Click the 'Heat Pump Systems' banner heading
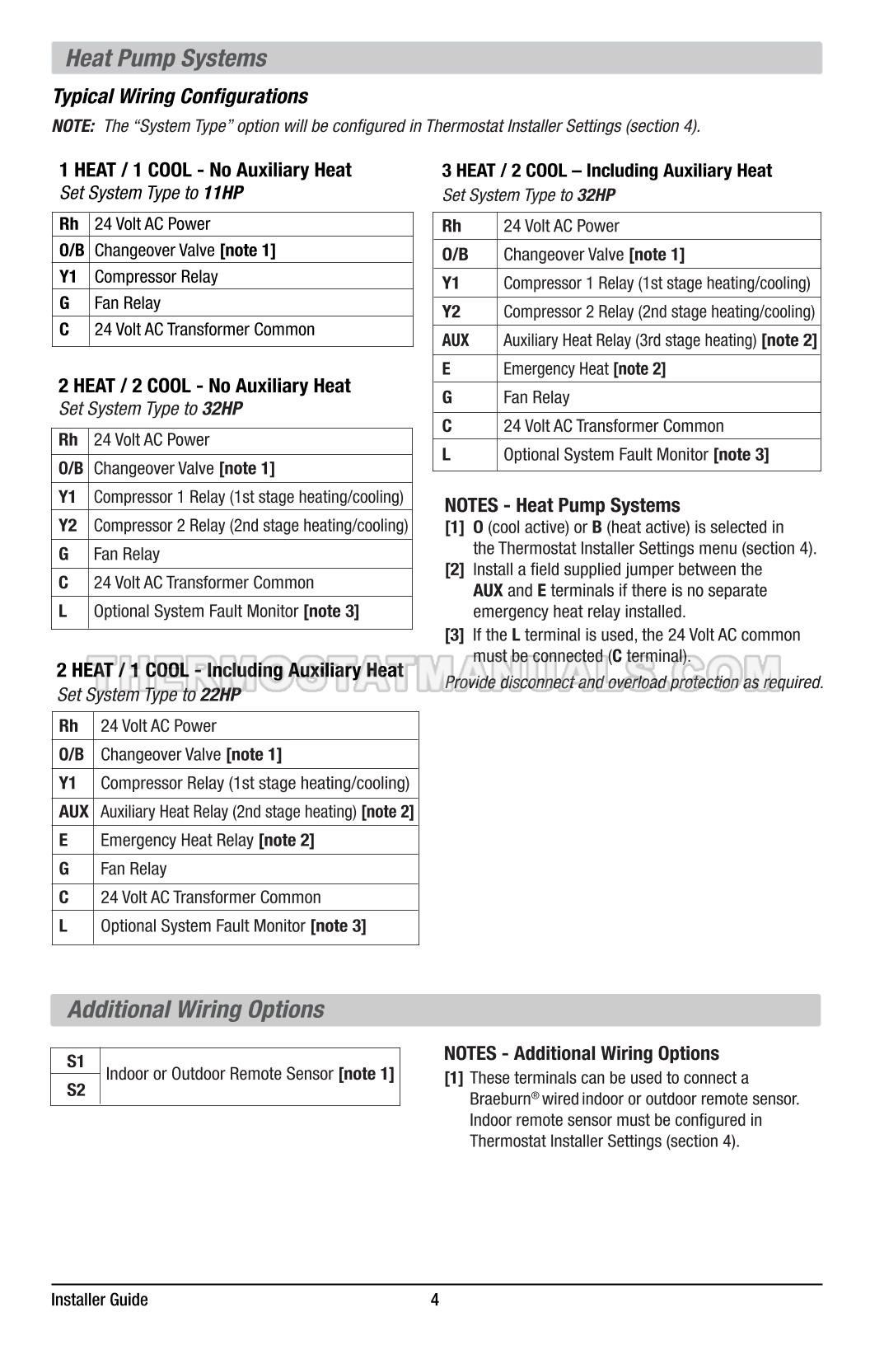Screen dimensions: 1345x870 (x=166, y=59)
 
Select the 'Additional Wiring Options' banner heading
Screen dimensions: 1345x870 (x=196, y=1010)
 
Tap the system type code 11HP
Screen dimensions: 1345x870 (x=223, y=194)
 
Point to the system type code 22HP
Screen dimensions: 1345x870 (x=220, y=695)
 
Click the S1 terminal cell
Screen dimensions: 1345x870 (x=76, y=1061)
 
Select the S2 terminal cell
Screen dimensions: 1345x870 (x=76, y=1090)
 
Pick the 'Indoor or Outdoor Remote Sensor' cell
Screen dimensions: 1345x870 (x=250, y=1074)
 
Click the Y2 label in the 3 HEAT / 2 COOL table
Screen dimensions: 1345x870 (x=451, y=312)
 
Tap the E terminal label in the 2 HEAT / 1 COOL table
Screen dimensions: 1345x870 (x=63, y=840)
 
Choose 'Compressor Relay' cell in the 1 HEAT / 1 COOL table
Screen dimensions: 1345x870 (x=157, y=277)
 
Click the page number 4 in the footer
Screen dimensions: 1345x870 (x=435, y=1300)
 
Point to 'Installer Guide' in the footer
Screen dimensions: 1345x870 (x=100, y=1300)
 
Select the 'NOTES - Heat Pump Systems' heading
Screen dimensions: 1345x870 (x=562, y=505)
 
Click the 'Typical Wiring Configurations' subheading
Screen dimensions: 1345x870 (x=180, y=96)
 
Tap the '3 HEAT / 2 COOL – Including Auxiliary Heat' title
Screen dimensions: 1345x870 (x=607, y=171)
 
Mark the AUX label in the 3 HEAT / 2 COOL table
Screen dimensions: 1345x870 (x=456, y=340)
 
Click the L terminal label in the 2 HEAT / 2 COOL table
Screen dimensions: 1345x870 (x=63, y=611)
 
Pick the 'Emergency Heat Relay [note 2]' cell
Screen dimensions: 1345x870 (x=207, y=840)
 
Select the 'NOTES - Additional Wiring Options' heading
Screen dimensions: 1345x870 (x=581, y=1053)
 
